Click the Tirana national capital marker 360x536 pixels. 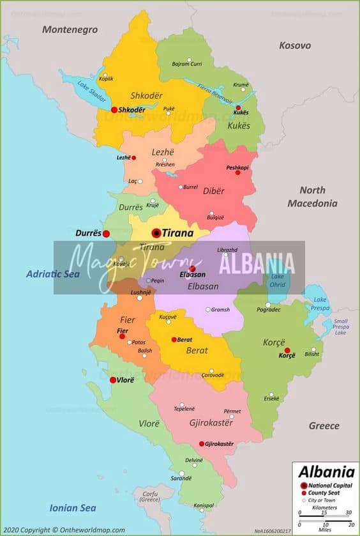pos(156,233)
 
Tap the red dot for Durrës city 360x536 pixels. pos(107,234)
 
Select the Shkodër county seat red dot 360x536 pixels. pos(114,109)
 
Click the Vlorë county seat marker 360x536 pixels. pos(113,380)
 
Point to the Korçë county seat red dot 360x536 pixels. pos(287,350)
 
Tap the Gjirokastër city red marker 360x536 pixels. pos(202,443)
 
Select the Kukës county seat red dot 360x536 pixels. pos(239,108)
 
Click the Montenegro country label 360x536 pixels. pos(70,29)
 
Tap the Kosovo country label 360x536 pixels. pos(295,45)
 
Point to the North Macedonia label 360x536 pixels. pos(312,197)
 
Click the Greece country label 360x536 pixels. pos(324,425)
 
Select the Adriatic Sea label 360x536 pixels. pos(52,274)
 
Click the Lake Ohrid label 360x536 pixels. pos(278,280)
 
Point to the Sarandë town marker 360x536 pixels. pos(182,474)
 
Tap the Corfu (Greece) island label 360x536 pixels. pos(151,496)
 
